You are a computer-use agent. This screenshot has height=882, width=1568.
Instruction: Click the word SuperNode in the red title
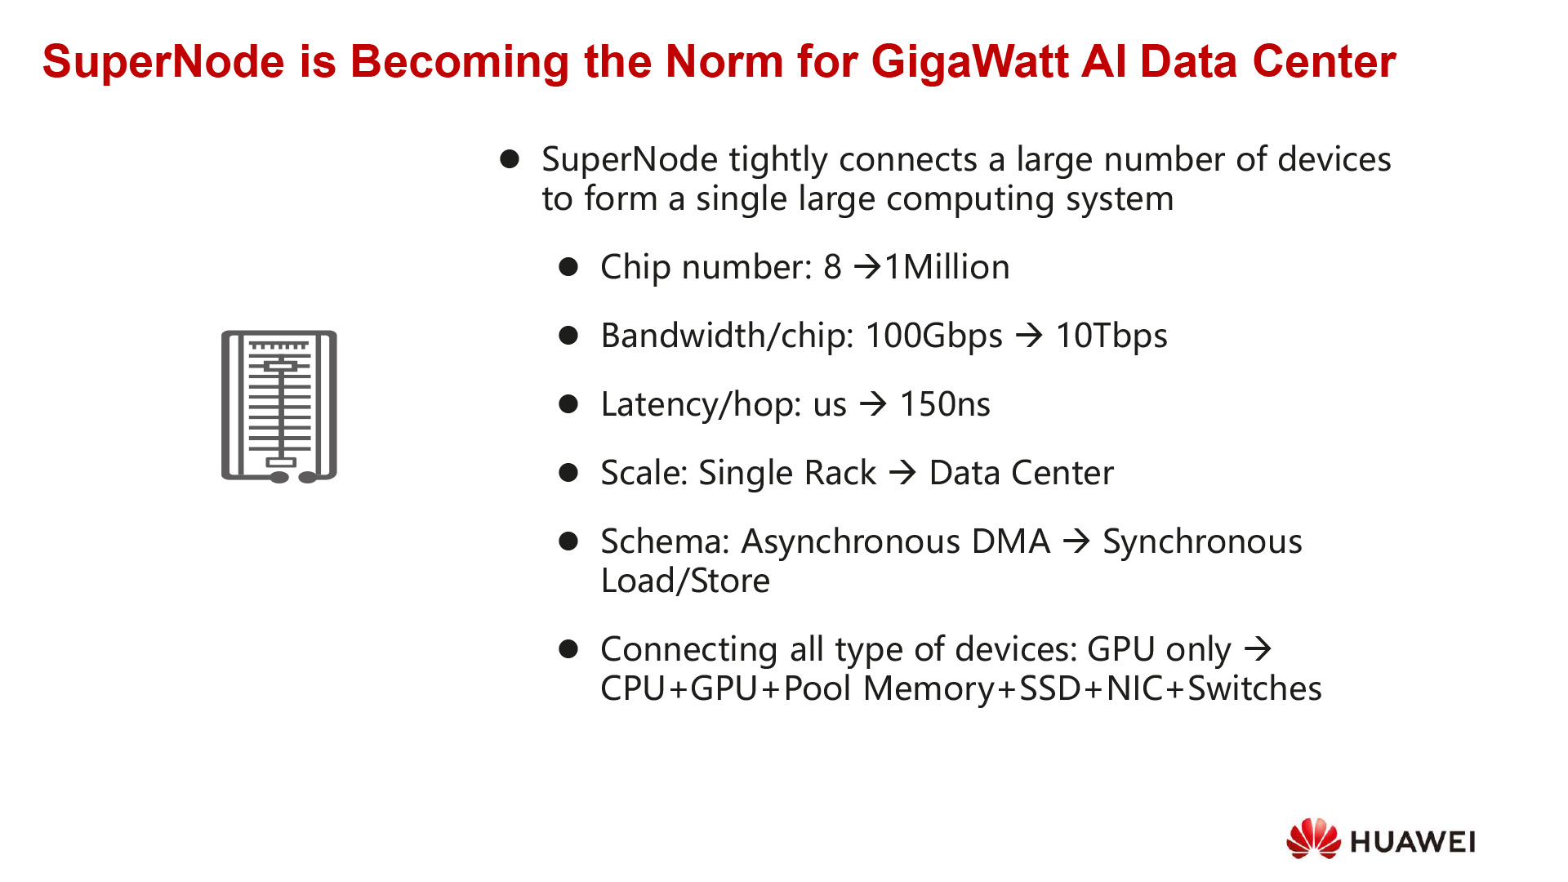click(x=163, y=62)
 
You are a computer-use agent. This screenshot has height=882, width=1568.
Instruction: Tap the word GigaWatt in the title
click(x=969, y=62)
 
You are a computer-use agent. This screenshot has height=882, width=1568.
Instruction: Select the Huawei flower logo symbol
click(x=1313, y=839)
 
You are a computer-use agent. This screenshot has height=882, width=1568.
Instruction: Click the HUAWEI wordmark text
click(x=1413, y=842)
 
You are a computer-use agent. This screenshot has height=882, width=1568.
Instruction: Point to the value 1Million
click(x=947, y=267)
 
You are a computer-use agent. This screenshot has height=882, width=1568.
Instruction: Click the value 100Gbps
click(x=933, y=336)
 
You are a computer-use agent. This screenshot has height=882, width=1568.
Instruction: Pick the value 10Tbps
click(x=1111, y=336)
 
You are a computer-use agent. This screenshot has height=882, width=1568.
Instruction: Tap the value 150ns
click(x=945, y=404)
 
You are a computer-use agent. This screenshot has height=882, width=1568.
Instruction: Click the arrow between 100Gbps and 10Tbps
click(x=1029, y=336)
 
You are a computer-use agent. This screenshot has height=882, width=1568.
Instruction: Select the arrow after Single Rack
click(x=902, y=473)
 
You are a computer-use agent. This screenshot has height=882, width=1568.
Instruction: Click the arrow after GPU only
click(x=1258, y=649)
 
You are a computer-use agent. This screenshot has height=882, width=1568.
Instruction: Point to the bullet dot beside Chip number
click(x=568, y=267)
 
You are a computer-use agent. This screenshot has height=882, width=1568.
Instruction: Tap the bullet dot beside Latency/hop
click(x=568, y=404)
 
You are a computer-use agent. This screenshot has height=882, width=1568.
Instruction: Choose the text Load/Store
click(x=685, y=581)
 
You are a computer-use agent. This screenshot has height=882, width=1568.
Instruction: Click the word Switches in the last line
click(x=1254, y=688)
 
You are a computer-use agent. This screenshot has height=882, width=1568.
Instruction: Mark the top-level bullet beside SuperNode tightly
click(x=510, y=159)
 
